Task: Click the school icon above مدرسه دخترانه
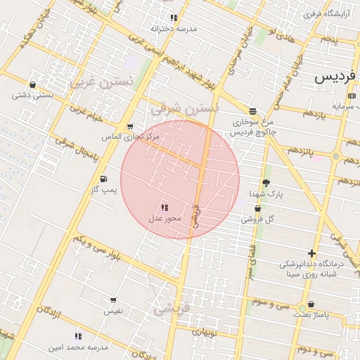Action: tap(174, 18)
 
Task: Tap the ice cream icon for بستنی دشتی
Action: tap(33, 84)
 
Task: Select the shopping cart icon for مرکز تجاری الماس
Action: tap(130, 127)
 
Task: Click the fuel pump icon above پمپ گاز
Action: tap(104, 179)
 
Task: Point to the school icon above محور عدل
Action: tap(165, 208)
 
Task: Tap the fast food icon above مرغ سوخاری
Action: tap(252, 111)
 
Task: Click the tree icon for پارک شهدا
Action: tap(266, 183)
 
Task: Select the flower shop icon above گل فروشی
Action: tap(257, 209)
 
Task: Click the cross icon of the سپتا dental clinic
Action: tap(312, 253)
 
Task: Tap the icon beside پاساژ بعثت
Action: tap(311, 304)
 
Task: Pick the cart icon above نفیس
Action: tap(113, 300)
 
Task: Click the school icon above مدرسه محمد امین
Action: tap(78, 337)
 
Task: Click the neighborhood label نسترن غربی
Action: tap(101, 83)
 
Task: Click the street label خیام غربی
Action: tap(86, 112)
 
